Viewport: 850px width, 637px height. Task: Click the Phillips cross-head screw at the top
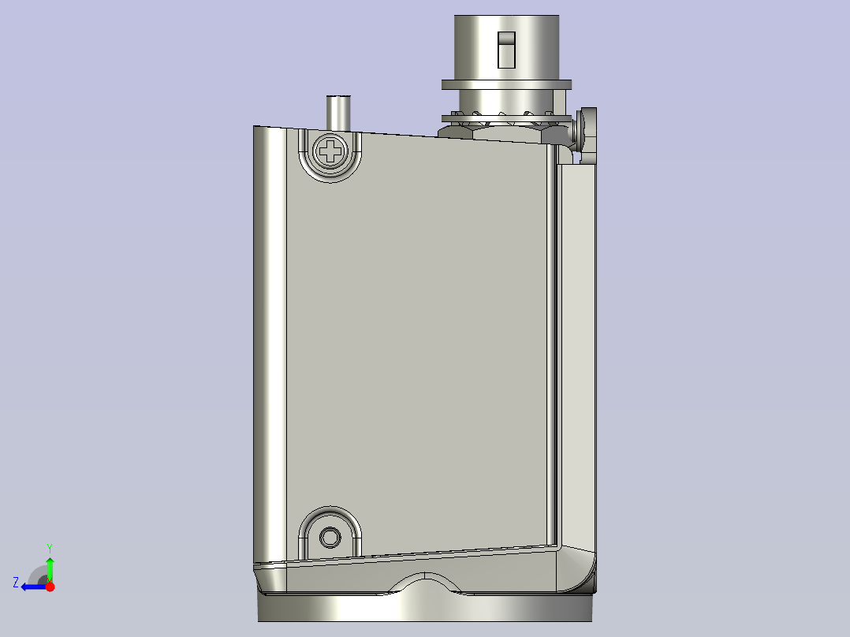coord(330,151)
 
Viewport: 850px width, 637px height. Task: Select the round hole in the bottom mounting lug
coord(330,537)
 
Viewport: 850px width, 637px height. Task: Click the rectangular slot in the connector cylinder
coord(506,50)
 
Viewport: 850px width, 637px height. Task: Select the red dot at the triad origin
coord(50,587)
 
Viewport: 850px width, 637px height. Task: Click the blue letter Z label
coord(16,583)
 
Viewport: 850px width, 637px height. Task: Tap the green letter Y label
coord(50,547)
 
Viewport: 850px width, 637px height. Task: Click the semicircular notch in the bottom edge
coord(426,583)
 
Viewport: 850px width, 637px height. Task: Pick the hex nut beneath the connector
coord(505,133)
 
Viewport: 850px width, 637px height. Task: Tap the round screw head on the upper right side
coord(587,132)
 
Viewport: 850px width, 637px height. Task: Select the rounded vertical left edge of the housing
coord(269,339)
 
